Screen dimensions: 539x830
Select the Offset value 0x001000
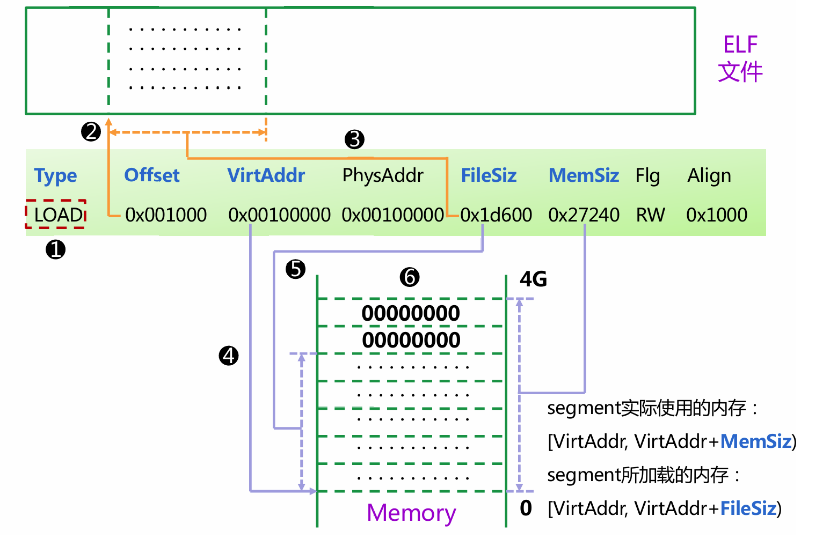(x=166, y=215)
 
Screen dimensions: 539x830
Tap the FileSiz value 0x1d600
(x=496, y=215)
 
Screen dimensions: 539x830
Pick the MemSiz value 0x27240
(x=584, y=215)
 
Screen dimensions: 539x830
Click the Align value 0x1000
(x=717, y=215)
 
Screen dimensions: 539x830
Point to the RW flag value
(x=650, y=215)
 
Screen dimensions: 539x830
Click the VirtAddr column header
(x=266, y=175)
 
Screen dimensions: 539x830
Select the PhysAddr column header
(x=383, y=175)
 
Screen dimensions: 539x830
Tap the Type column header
(x=55, y=175)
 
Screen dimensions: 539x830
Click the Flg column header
(x=647, y=175)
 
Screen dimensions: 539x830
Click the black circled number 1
(x=55, y=249)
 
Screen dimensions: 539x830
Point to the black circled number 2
(x=91, y=131)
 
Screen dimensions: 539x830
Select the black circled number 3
(x=354, y=139)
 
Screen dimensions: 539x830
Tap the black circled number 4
(x=229, y=356)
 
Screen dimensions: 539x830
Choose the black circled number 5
(x=295, y=269)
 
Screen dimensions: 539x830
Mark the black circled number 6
(x=410, y=277)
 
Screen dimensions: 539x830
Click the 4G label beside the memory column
(x=533, y=279)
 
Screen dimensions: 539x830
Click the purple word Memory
(x=411, y=513)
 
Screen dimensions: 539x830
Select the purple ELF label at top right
(x=740, y=45)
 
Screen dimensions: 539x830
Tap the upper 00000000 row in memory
(x=411, y=313)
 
